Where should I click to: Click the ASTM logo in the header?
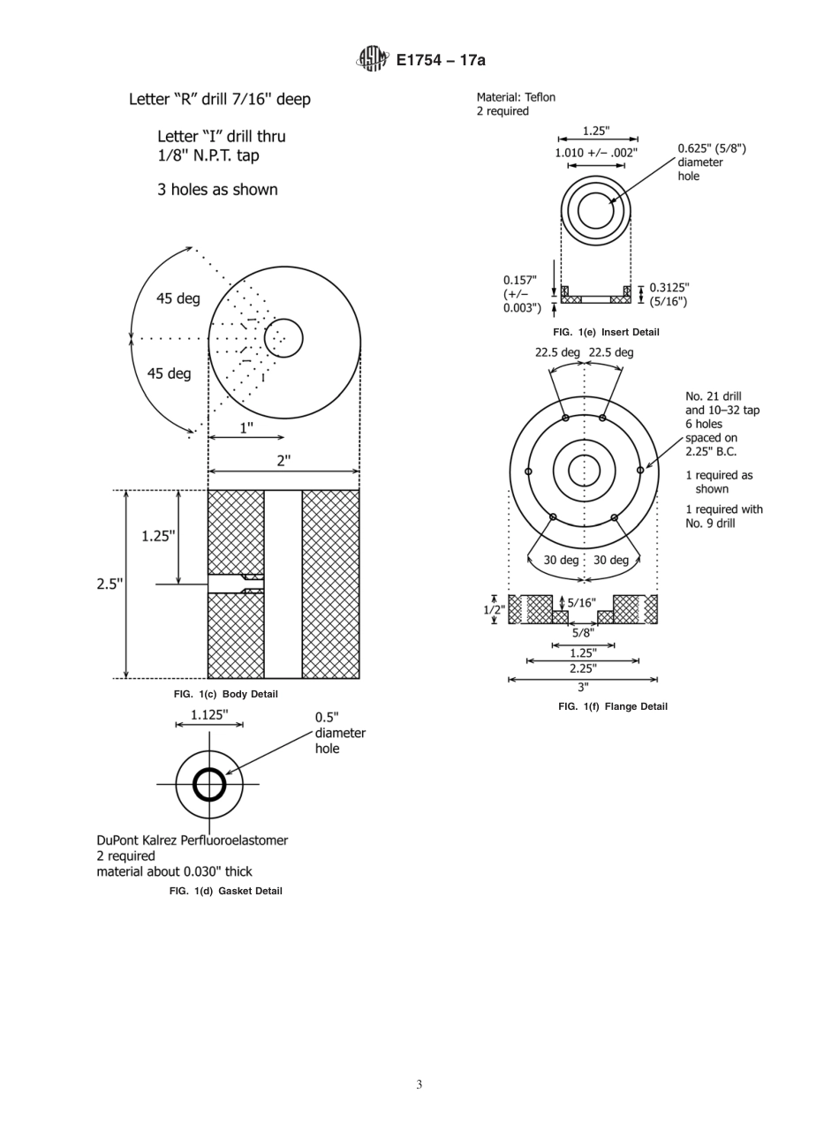pyautogui.click(x=372, y=59)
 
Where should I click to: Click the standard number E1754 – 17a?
pyautogui.click(x=441, y=60)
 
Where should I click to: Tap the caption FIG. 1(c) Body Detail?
pyautogui.click(x=226, y=694)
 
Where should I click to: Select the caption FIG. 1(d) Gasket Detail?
pyautogui.click(x=226, y=891)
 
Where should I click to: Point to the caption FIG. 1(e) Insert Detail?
pyautogui.click(x=606, y=332)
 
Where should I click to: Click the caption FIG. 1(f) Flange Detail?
pyautogui.click(x=612, y=706)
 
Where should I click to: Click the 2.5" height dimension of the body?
pyautogui.click(x=110, y=584)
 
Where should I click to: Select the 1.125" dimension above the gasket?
pyautogui.click(x=209, y=715)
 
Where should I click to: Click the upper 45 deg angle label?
pyautogui.click(x=178, y=298)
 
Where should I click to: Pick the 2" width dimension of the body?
pyautogui.click(x=283, y=460)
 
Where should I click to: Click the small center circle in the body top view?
pyautogui.click(x=283, y=338)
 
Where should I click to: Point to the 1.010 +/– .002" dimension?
pyautogui.click(x=596, y=153)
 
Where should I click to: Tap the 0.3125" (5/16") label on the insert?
pyautogui.click(x=669, y=294)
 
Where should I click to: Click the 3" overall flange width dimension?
pyautogui.click(x=583, y=687)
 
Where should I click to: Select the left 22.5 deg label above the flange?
pyautogui.click(x=557, y=352)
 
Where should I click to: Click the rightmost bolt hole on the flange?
pyautogui.click(x=640, y=471)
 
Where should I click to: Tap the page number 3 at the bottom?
pyautogui.click(x=419, y=1084)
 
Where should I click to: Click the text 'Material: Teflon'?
pyautogui.click(x=516, y=97)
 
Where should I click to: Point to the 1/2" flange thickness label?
pyautogui.click(x=493, y=609)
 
